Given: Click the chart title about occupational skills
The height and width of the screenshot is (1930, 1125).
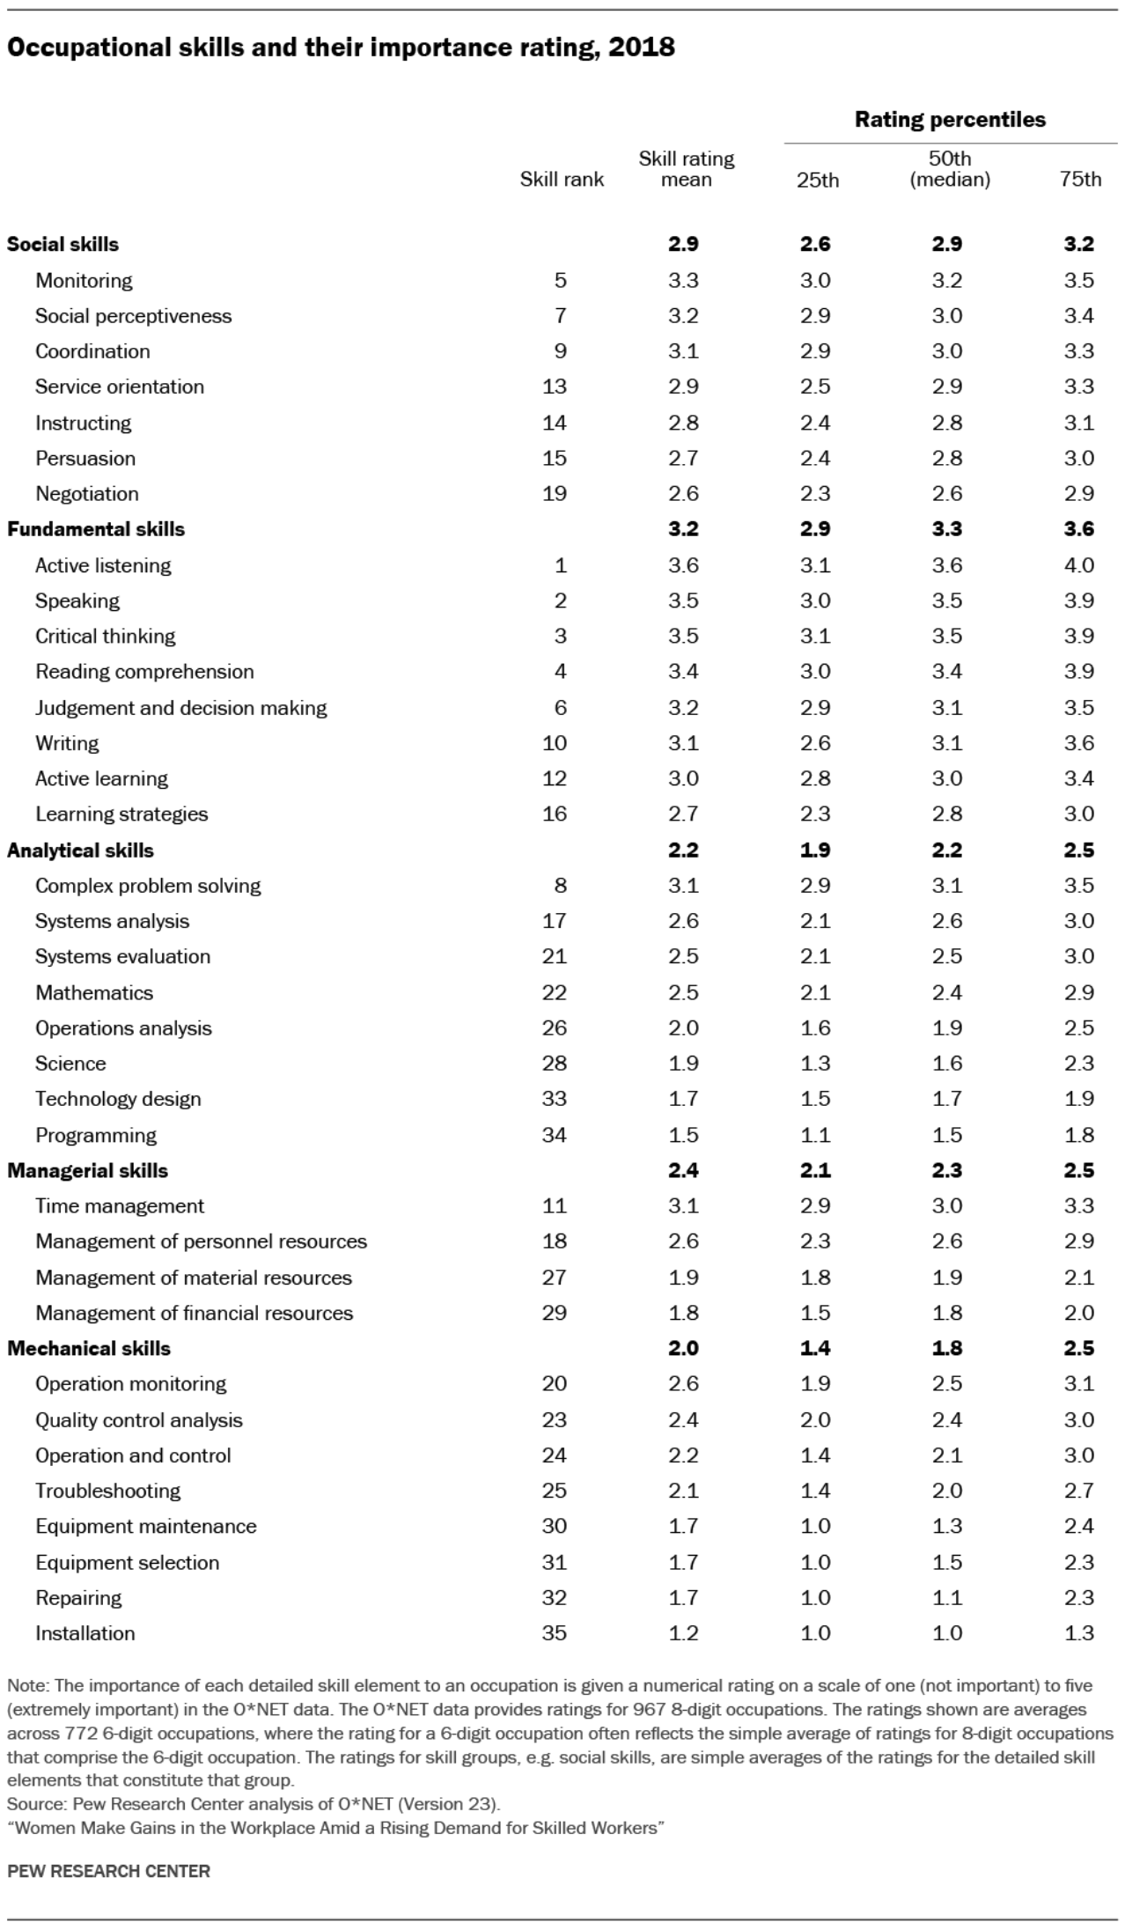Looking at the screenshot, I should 341,48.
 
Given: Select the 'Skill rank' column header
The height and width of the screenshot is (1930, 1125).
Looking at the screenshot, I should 562,180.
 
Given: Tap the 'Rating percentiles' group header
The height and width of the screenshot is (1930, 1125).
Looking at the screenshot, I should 950,120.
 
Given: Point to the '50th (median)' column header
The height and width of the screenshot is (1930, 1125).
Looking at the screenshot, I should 949,169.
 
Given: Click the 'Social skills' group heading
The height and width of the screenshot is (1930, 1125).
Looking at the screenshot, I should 62,244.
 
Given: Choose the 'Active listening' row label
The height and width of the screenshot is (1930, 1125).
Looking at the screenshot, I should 103,565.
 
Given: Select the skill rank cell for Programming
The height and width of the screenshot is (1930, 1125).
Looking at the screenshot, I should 554,1135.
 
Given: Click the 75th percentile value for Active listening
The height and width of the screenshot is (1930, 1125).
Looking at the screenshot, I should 1078,565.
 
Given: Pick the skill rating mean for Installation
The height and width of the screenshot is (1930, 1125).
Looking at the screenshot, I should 683,1633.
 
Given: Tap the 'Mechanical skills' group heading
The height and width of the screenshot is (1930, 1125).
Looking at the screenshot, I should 89,1348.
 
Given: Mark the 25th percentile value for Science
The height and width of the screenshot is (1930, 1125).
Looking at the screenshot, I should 815,1064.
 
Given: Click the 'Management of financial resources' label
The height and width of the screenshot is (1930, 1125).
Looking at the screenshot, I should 194,1313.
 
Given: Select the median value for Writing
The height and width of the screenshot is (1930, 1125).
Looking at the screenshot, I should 947,743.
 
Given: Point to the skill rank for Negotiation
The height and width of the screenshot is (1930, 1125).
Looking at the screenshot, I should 554,494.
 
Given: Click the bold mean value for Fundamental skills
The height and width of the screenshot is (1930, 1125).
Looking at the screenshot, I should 683,529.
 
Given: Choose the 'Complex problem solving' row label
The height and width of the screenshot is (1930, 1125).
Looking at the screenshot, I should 148,886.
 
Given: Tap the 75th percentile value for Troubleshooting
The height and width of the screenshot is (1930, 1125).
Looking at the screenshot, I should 1078,1491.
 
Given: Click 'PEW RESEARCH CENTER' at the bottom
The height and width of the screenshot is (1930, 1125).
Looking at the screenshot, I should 108,1871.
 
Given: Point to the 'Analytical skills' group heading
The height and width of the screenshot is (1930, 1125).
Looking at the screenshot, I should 80,851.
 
